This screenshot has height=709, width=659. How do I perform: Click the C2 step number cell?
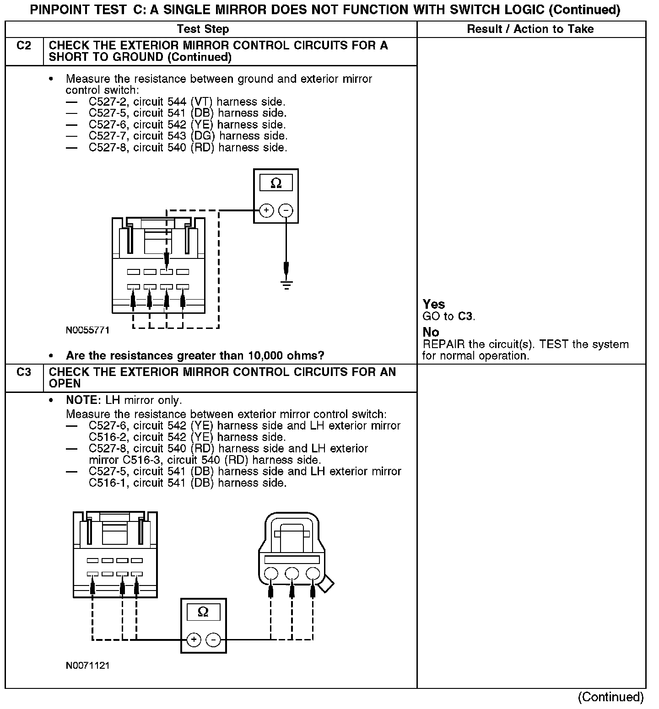tap(24, 46)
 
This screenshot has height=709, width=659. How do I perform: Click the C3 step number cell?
tap(24, 372)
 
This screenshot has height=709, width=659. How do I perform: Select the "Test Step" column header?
tap(203, 29)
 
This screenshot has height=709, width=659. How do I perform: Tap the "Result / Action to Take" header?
tap(530, 29)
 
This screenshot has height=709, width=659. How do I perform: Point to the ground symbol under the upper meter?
tap(286, 285)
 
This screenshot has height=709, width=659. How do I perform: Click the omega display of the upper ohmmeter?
tap(276, 183)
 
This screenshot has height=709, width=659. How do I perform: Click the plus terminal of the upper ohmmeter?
tap(266, 210)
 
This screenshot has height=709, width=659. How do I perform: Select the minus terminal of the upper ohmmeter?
tap(286, 210)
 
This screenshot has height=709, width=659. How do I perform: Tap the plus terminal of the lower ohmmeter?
tap(194, 639)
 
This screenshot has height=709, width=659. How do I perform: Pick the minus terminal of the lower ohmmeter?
tap(213, 639)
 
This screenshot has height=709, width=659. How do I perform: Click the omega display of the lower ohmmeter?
tap(204, 612)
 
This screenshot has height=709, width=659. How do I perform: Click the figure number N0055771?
tap(88, 330)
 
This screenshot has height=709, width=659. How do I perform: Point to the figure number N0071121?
tap(88, 666)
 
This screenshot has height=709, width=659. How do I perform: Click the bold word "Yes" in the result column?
tap(434, 304)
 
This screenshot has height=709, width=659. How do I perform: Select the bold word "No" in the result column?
tap(431, 332)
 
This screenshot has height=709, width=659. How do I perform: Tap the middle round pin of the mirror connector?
tap(292, 574)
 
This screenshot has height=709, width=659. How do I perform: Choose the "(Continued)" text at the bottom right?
tap(610, 697)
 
